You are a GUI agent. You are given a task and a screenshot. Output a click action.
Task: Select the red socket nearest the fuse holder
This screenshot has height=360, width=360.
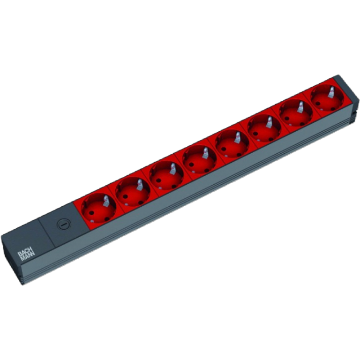pyautogui.click(x=98, y=208)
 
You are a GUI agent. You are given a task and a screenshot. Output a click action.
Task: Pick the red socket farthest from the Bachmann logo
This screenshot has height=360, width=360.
pyautogui.click(x=327, y=98)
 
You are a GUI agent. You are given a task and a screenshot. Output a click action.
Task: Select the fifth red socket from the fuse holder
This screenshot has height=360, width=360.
pyautogui.click(x=232, y=144)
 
